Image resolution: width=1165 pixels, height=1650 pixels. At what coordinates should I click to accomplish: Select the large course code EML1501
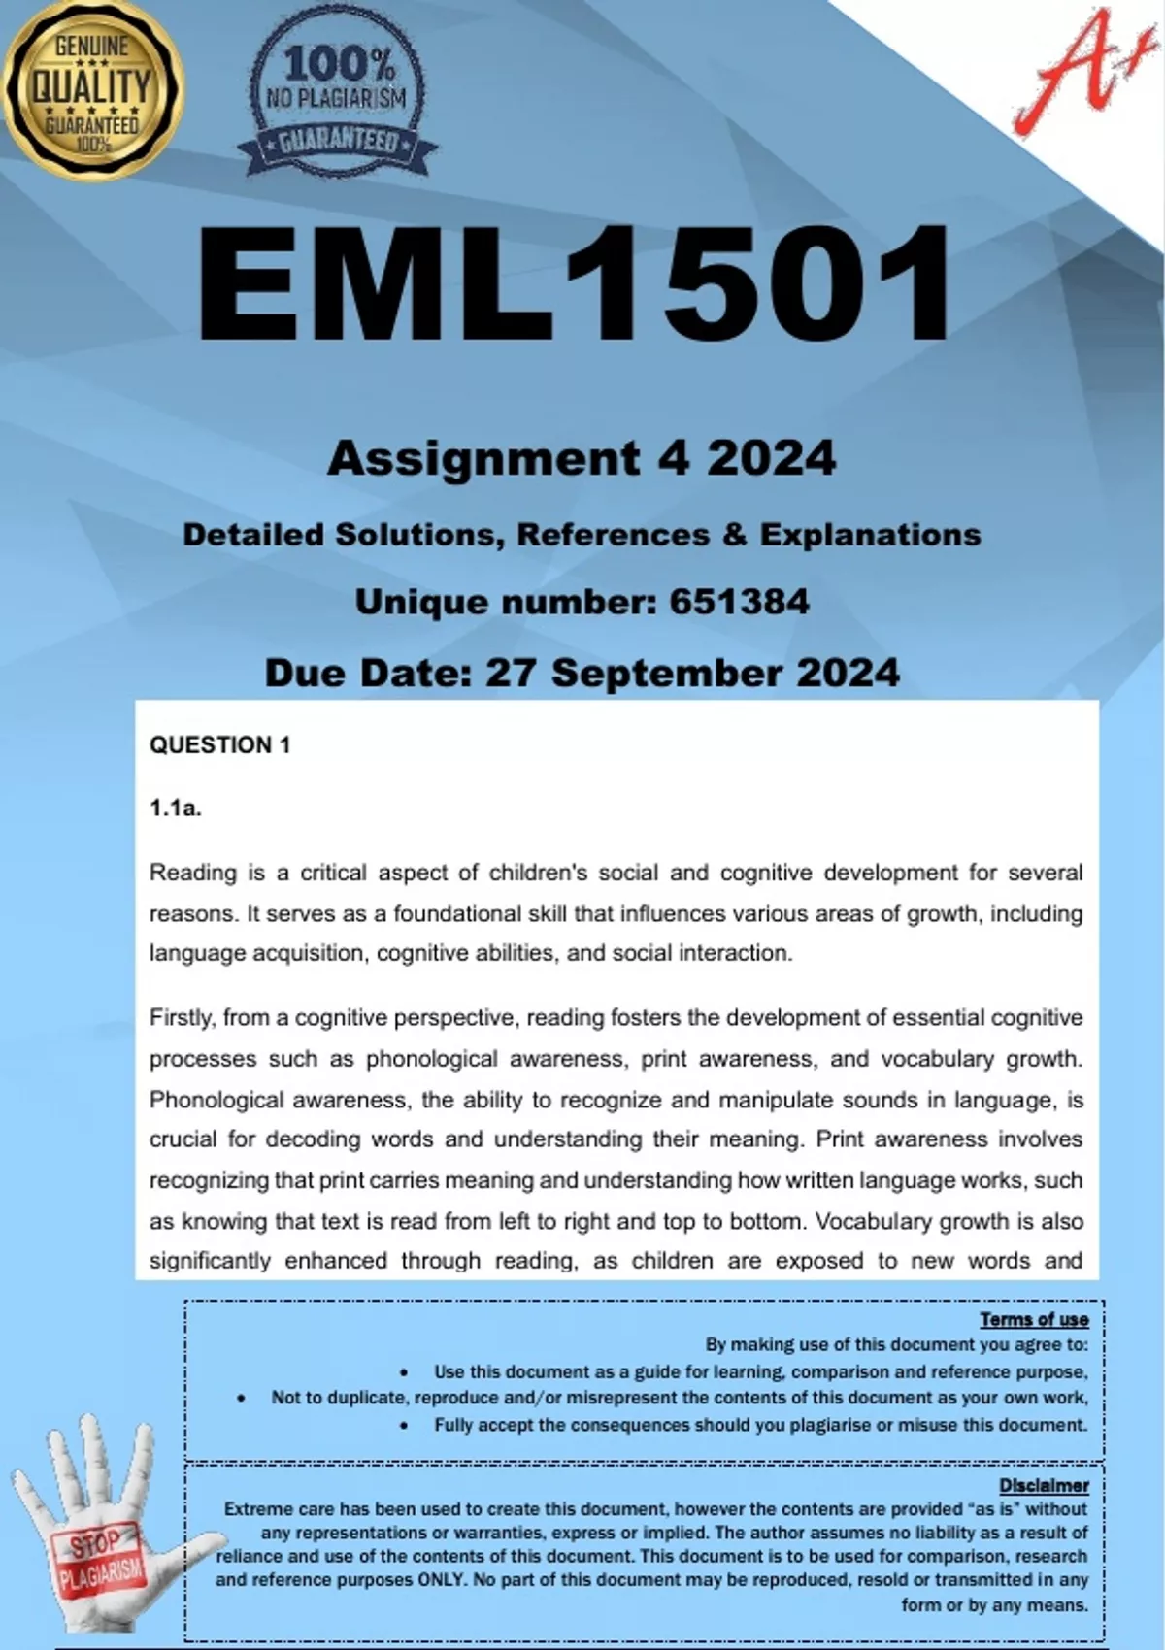pyautogui.click(x=575, y=284)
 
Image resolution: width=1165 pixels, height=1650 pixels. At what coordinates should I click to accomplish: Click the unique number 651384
pyautogui.click(x=739, y=602)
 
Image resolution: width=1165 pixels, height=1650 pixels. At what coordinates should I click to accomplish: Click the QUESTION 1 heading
pyautogui.click(x=219, y=745)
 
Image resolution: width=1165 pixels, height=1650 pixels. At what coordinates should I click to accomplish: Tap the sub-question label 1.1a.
pyautogui.click(x=176, y=808)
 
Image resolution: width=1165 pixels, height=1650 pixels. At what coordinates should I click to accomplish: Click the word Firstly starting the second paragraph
pyautogui.click(x=182, y=1018)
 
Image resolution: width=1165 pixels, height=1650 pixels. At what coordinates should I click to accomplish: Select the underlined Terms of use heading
pyautogui.click(x=1033, y=1319)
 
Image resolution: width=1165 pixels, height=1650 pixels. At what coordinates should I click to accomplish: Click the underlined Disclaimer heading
pyautogui.click(x=1044, y=1485)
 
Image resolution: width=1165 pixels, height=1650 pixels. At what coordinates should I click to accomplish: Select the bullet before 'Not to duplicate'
pyautogui.click(x=241, y=1399)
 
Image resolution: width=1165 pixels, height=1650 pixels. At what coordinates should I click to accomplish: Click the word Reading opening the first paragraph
pyautogui.click(x=192, y=873)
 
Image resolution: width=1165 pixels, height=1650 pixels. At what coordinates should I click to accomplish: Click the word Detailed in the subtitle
pyautogui.click(x=252, y=535)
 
